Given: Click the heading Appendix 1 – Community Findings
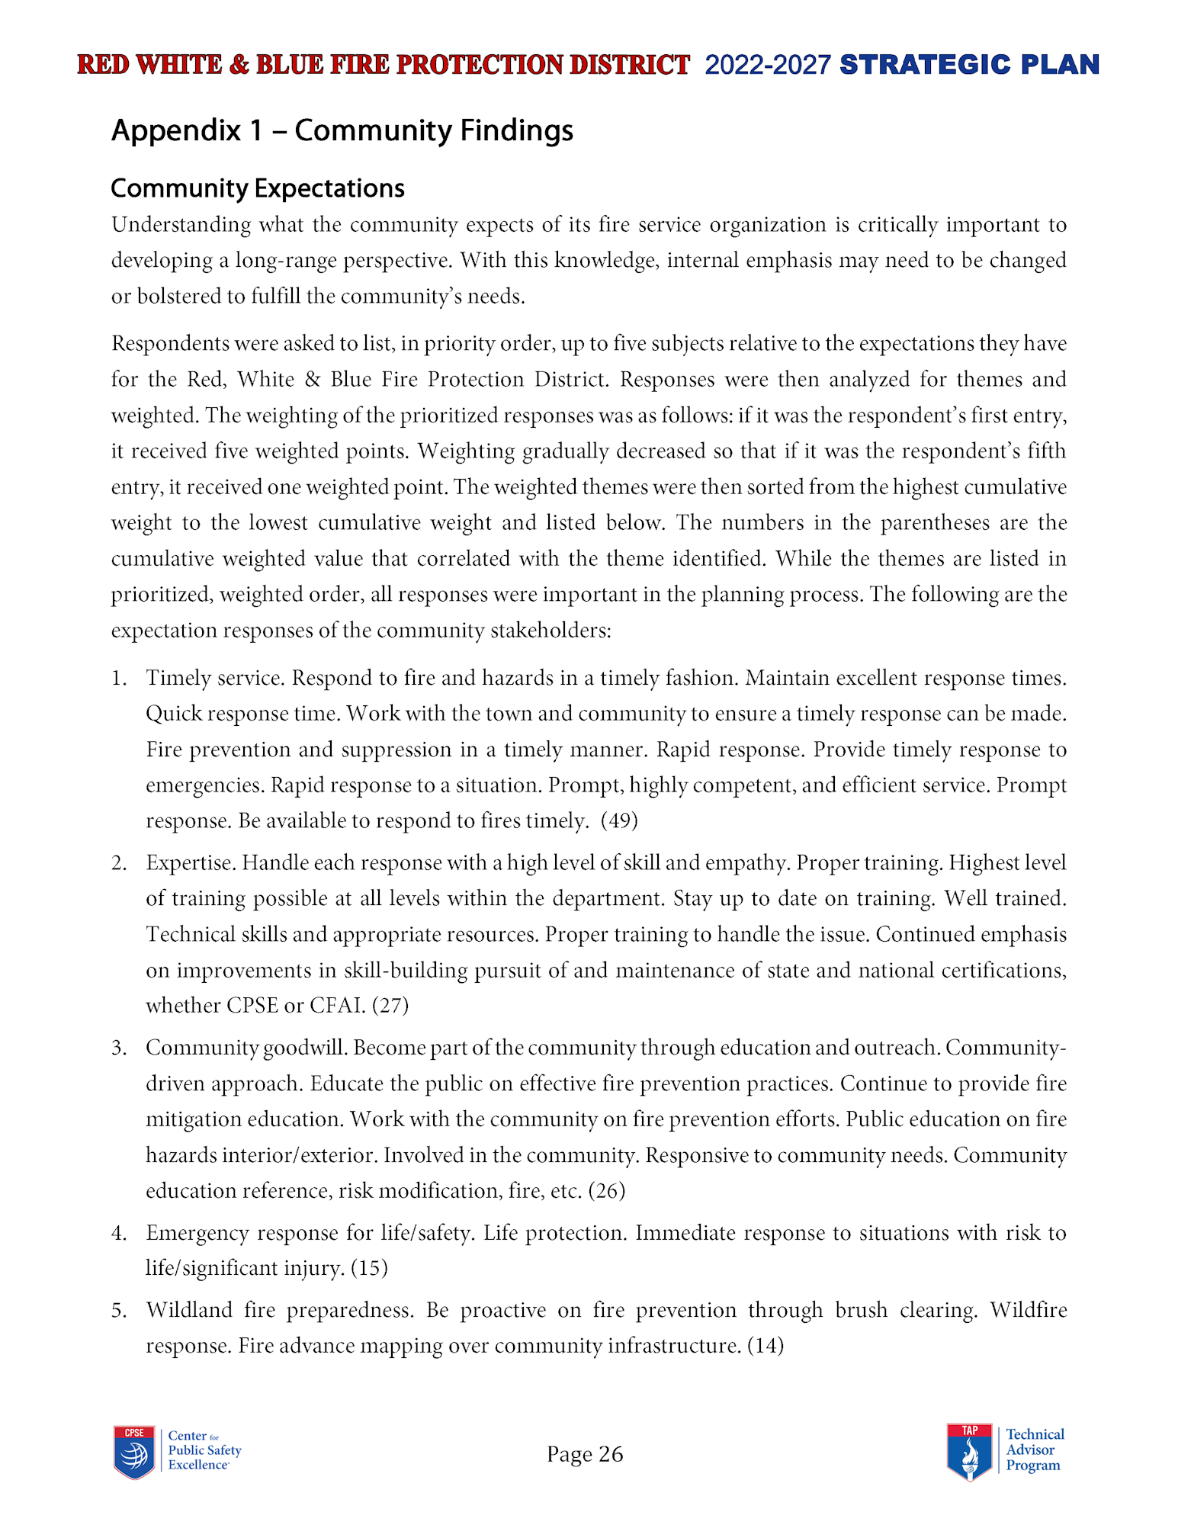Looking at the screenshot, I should point(342,130).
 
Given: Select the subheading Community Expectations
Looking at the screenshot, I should point(257,188).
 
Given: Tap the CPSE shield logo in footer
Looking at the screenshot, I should point(134,1452).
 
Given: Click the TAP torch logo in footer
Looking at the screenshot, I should point(969,1452).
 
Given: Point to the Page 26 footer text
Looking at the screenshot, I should point(585,1454).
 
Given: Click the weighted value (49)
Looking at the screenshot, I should point(619,820).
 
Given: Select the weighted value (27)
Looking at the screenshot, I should point(390,1005).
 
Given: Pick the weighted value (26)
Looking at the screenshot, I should point(607,1190).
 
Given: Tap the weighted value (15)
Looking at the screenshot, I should point(369,1267).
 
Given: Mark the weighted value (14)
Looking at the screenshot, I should point(766,1345).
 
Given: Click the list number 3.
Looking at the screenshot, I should point(118,1048).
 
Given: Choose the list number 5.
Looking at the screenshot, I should point(118,1310).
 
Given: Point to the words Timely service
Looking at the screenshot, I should point(215,678).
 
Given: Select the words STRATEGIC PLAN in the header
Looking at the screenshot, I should point(969,65).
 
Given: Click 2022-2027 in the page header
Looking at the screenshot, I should point(767,66).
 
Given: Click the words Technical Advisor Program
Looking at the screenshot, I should point(1034,1450).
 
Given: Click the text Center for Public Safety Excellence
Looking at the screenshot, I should point(204,1450).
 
